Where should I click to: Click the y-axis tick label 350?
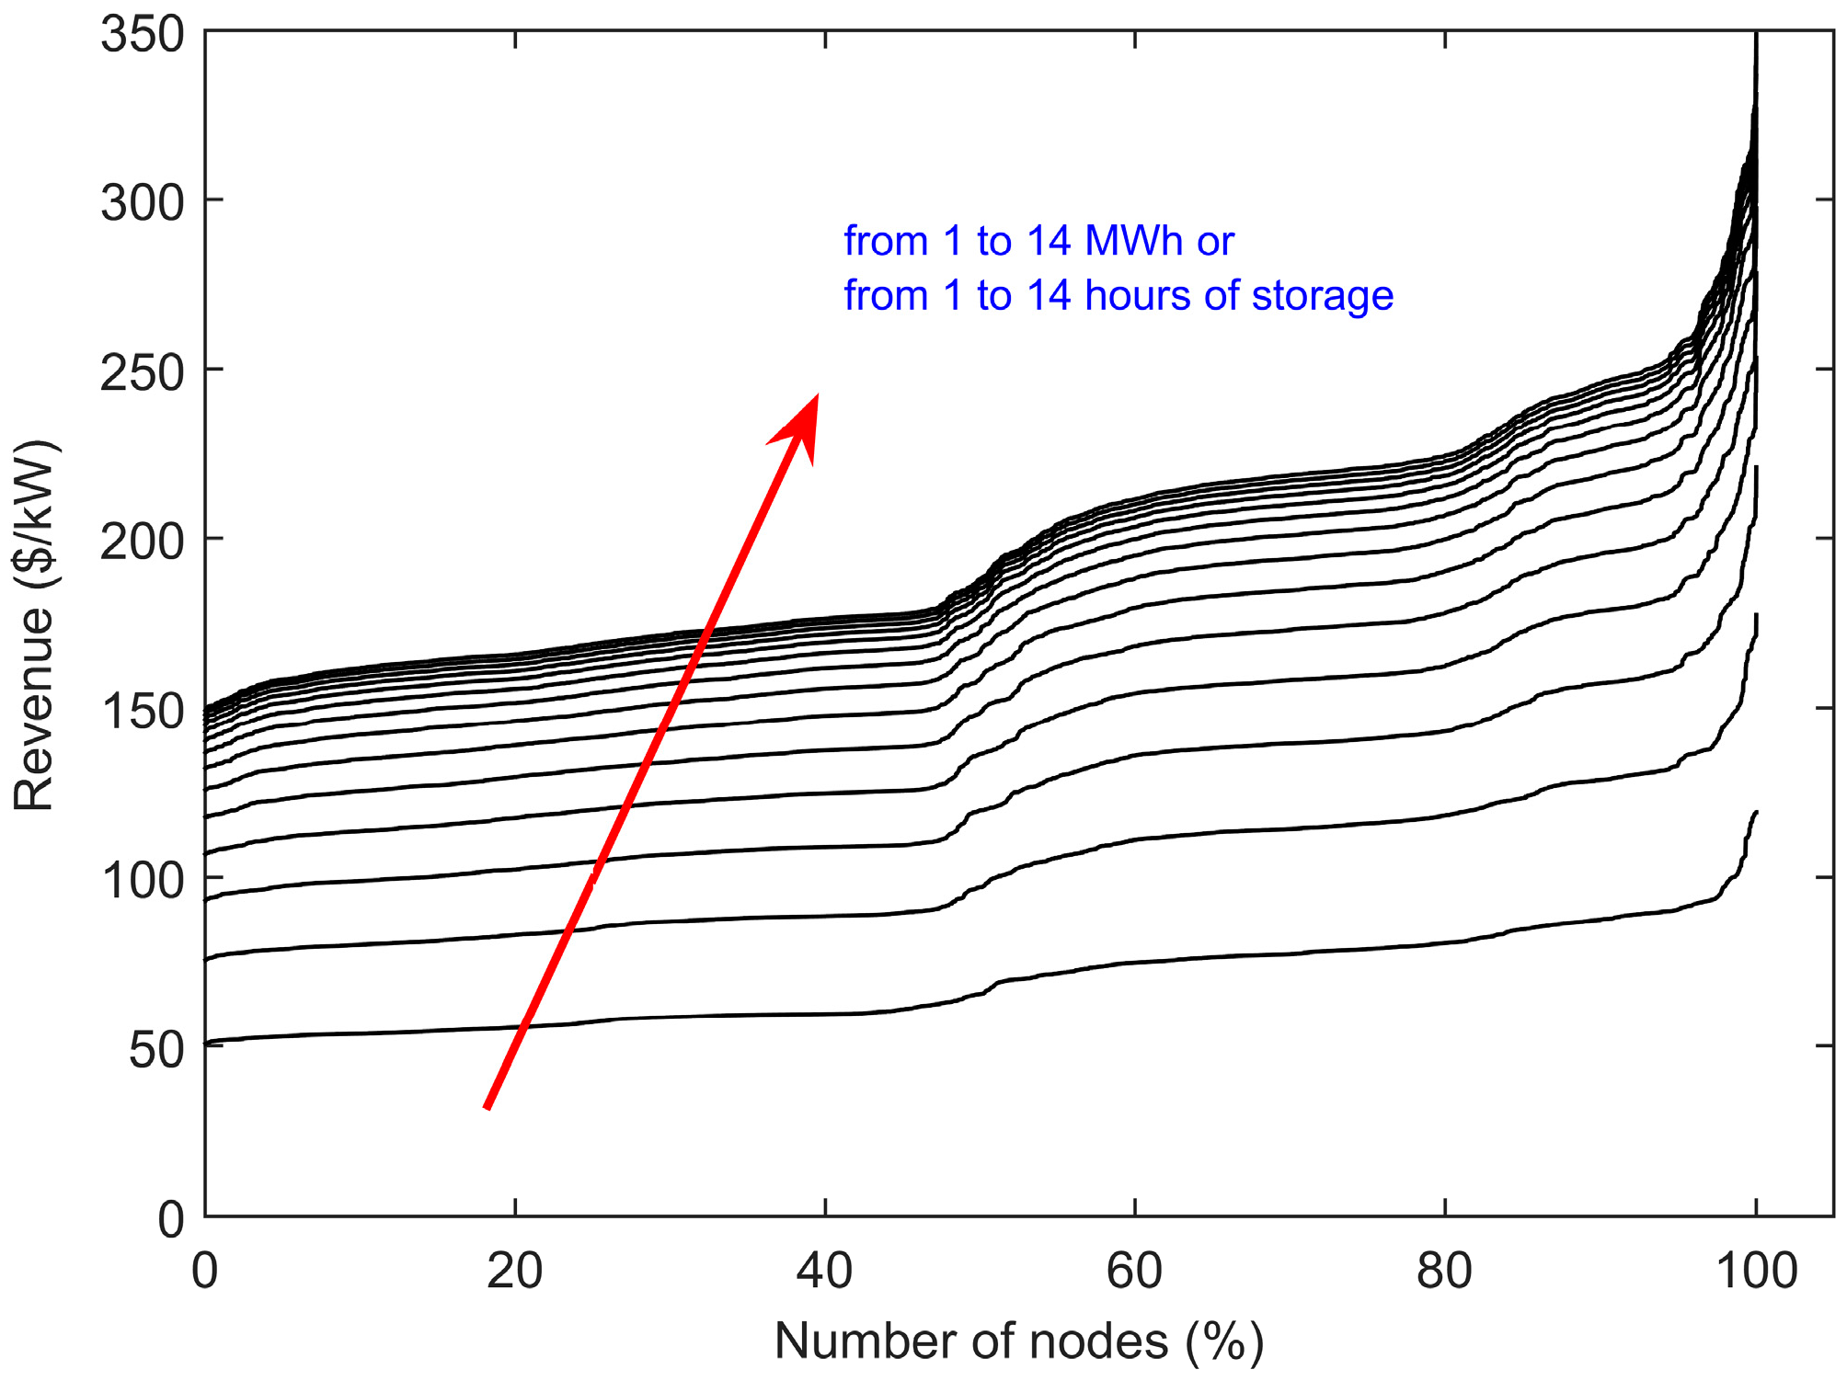(143, 36)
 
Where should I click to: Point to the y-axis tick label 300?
(143, 202)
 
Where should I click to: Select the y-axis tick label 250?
(143, 372)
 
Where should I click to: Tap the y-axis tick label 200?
(143, 542)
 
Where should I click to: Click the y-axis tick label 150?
(143, 711)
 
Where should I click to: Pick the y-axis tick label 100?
(143, 880)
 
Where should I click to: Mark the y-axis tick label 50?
(156, 1049)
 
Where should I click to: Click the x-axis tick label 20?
(514, 1272)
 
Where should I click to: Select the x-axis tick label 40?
(824, 1272)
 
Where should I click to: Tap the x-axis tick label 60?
(1134, 1272)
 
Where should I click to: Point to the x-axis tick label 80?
(1444, 1272)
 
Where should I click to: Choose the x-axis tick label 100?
(1756, 1272)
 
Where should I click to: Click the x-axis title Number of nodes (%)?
(1018, 1341)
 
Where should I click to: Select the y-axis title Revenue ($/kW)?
(34, 625)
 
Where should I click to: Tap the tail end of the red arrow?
(488, 1107)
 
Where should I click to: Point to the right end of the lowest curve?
(1756, 812)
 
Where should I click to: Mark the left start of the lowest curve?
(206, 1043)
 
